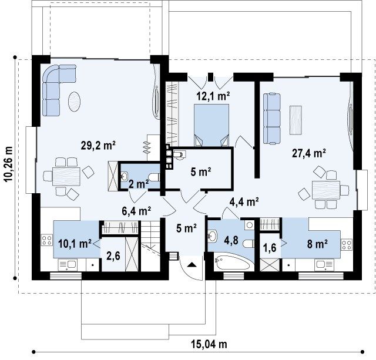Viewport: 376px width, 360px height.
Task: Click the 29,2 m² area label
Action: [x=98, y=146]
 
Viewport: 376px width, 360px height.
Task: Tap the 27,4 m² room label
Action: [x=309, y=153]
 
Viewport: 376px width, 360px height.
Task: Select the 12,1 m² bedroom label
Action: [x=213, y=96]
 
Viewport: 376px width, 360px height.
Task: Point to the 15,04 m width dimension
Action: [x=209, y=344]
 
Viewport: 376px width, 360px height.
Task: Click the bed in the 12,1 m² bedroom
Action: [x=211, y=125]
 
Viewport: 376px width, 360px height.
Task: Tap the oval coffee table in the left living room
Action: [x=75, y=102]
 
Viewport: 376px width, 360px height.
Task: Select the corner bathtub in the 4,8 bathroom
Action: [x=234, y=262]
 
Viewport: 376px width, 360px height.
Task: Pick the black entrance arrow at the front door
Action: [x=192, y=265]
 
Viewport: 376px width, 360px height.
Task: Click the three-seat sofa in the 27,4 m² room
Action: [x=271, y=119]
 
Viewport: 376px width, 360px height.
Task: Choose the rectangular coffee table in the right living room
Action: [x=296, y=120]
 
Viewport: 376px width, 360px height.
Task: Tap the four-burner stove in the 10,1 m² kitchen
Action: [x=47, y=240]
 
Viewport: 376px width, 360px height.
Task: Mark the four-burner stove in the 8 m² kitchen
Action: [x=347, y=245]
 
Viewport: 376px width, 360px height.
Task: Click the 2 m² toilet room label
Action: [x=139, y=184]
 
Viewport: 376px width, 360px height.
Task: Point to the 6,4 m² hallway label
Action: [x=136, y=211]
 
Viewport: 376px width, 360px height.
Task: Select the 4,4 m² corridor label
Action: [x=244, y=201]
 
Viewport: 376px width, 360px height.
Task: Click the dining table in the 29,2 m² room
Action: [x=66, y=176]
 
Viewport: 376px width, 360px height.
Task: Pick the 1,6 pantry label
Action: [x=270, y=248]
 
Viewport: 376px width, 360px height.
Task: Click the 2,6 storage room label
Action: [x=113, y=256]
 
